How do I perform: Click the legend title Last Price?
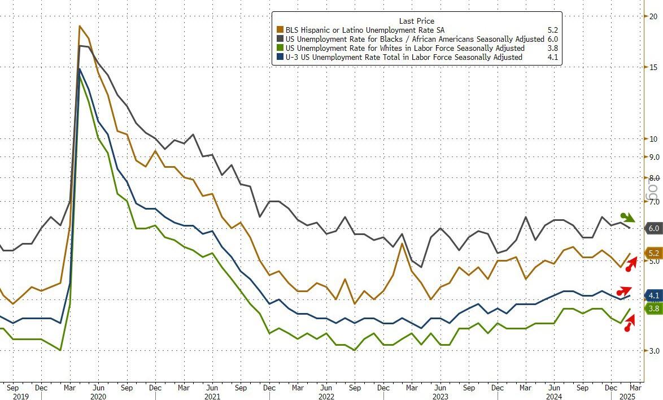coord(417,21)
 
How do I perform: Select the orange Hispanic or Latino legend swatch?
coord(279,30)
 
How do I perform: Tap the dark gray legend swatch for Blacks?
coord(279,39)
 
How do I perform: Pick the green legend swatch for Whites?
coord(279,48)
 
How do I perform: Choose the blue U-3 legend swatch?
coord(279,57)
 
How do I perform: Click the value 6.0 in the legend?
coord(552,39)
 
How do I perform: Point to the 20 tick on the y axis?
coord(653,16)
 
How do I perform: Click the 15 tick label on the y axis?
coord(653,67)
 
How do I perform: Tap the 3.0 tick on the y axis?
coord(653,351)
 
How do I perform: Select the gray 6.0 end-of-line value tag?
coord(653,228)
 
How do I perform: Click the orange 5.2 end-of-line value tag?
coord(653,254)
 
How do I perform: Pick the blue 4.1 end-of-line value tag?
coord(653,295)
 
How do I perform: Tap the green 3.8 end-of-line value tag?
coord(653,308)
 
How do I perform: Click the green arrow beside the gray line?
coord(627,218)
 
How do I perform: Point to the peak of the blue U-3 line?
coord(80,69)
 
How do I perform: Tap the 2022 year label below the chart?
coord(326,397)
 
